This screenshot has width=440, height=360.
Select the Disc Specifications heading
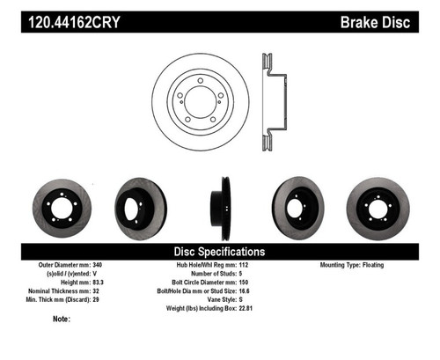coord(219,251)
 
